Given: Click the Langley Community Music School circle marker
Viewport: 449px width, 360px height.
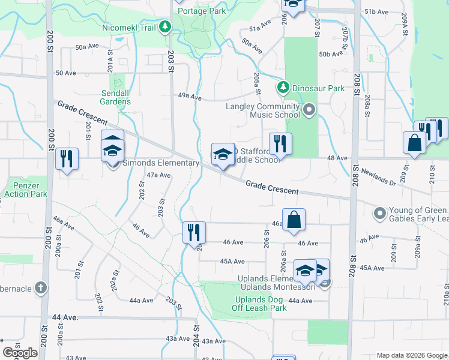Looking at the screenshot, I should click(x=309, y=109).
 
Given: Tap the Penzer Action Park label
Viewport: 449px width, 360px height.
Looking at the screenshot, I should click(x=25, y=190).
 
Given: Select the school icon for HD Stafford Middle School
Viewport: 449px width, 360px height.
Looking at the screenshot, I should click(x=222, y=155).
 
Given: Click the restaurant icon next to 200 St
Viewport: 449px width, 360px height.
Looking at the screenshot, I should click(x=66, y=159).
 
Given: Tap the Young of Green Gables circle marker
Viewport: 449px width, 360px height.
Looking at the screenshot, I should click(x=379, y=213).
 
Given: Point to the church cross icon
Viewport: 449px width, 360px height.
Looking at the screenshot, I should click(x=41, y=287).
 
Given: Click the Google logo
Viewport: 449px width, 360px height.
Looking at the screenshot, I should click(x=20, y=353).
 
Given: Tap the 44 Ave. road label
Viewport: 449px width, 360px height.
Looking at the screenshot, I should click(x=66, y=317).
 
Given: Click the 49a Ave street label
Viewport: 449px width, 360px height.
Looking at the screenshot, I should click(x=189, y=96).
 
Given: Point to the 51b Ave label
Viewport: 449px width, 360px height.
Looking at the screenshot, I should click(x=378, y=11).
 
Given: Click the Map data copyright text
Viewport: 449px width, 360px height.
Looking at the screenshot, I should click(x=412, y=355).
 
